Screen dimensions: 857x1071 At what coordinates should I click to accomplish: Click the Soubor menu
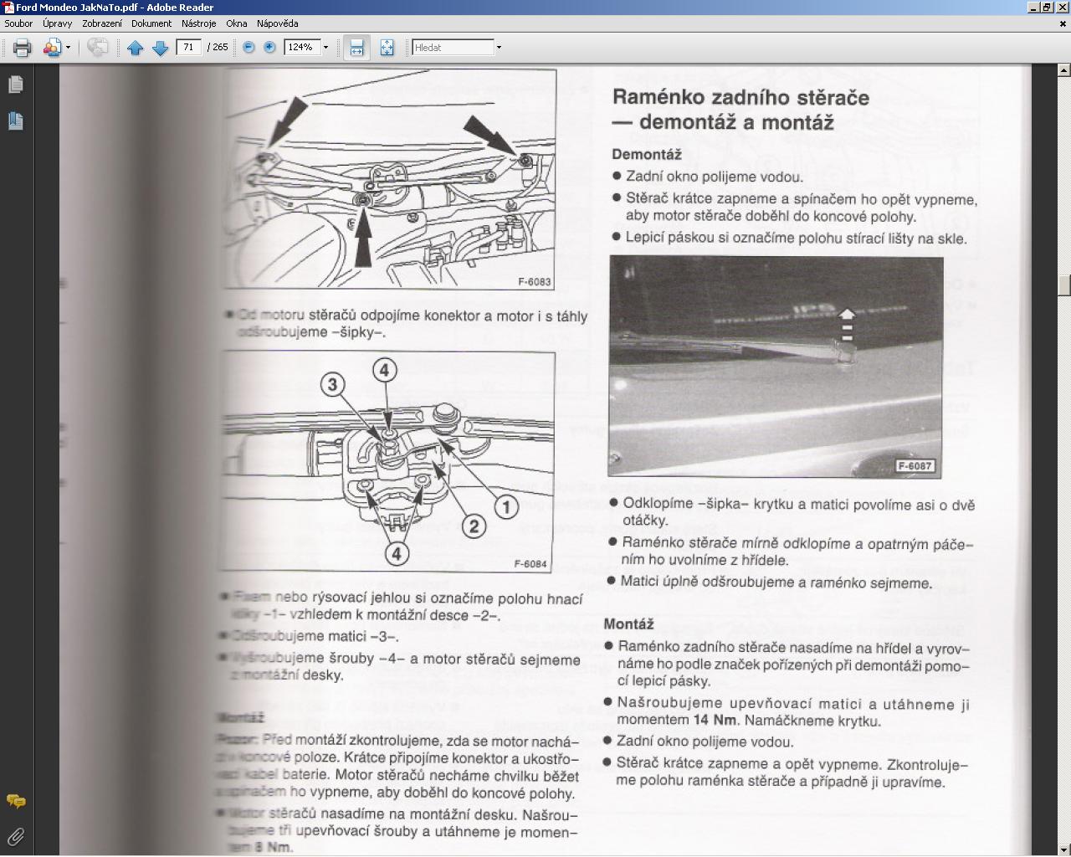(x=18, y=23)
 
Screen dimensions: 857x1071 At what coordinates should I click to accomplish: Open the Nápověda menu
(x=277, y=23)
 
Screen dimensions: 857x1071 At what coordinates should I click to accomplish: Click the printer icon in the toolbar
(x=23, y=48)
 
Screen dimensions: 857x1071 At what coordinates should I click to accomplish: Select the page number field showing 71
(x=189, y=48)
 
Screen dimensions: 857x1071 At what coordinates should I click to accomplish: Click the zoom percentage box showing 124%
(x=301, y=48)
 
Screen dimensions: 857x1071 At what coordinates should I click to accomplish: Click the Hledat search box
(x=453, y=48)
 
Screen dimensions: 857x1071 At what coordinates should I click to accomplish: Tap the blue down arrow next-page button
(x=161, y=48)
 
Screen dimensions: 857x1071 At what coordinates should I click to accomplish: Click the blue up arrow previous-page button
(x=136, y=48)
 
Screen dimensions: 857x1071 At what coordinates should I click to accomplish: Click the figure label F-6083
(x=534, y=282)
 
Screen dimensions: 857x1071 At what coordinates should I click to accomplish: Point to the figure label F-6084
(x=530, y=564)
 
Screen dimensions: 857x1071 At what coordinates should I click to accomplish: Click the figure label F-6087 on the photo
(x=915, y=466)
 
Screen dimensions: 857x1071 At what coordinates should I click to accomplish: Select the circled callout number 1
(x=505, y=506)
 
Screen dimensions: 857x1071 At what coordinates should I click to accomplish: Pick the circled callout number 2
(x=474, y=526)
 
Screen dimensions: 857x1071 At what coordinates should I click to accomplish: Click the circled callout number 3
(x=333, y=384)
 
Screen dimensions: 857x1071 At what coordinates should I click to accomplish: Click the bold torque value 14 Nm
(x=714, y=721)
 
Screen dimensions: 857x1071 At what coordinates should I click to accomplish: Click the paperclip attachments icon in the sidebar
(x=15, y=835)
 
